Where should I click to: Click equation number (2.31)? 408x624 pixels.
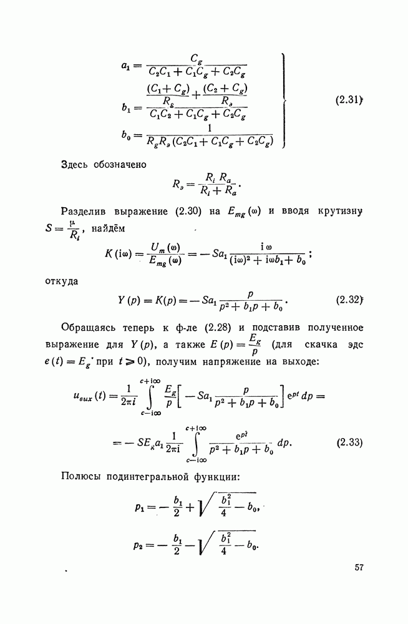pyautogui.click(x=349, y=100)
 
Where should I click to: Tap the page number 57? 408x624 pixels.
pyautogui.click(x=359, y=567)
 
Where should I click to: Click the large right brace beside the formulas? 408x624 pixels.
pyautogui.click(x=285, y=100)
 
